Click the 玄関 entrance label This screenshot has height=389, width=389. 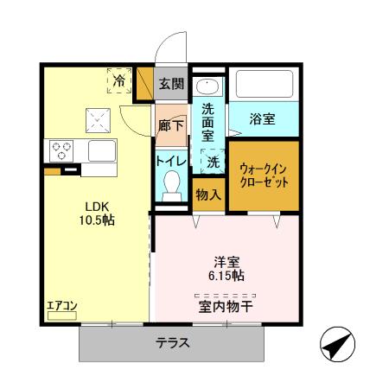172,84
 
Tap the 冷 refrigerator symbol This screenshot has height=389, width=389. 120,80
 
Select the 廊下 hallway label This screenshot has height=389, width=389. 171,124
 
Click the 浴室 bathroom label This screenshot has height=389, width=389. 263,119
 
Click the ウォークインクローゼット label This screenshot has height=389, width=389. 264,175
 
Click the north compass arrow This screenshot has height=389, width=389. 338,347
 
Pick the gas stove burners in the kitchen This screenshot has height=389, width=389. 63,150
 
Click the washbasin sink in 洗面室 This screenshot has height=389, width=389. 207,86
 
